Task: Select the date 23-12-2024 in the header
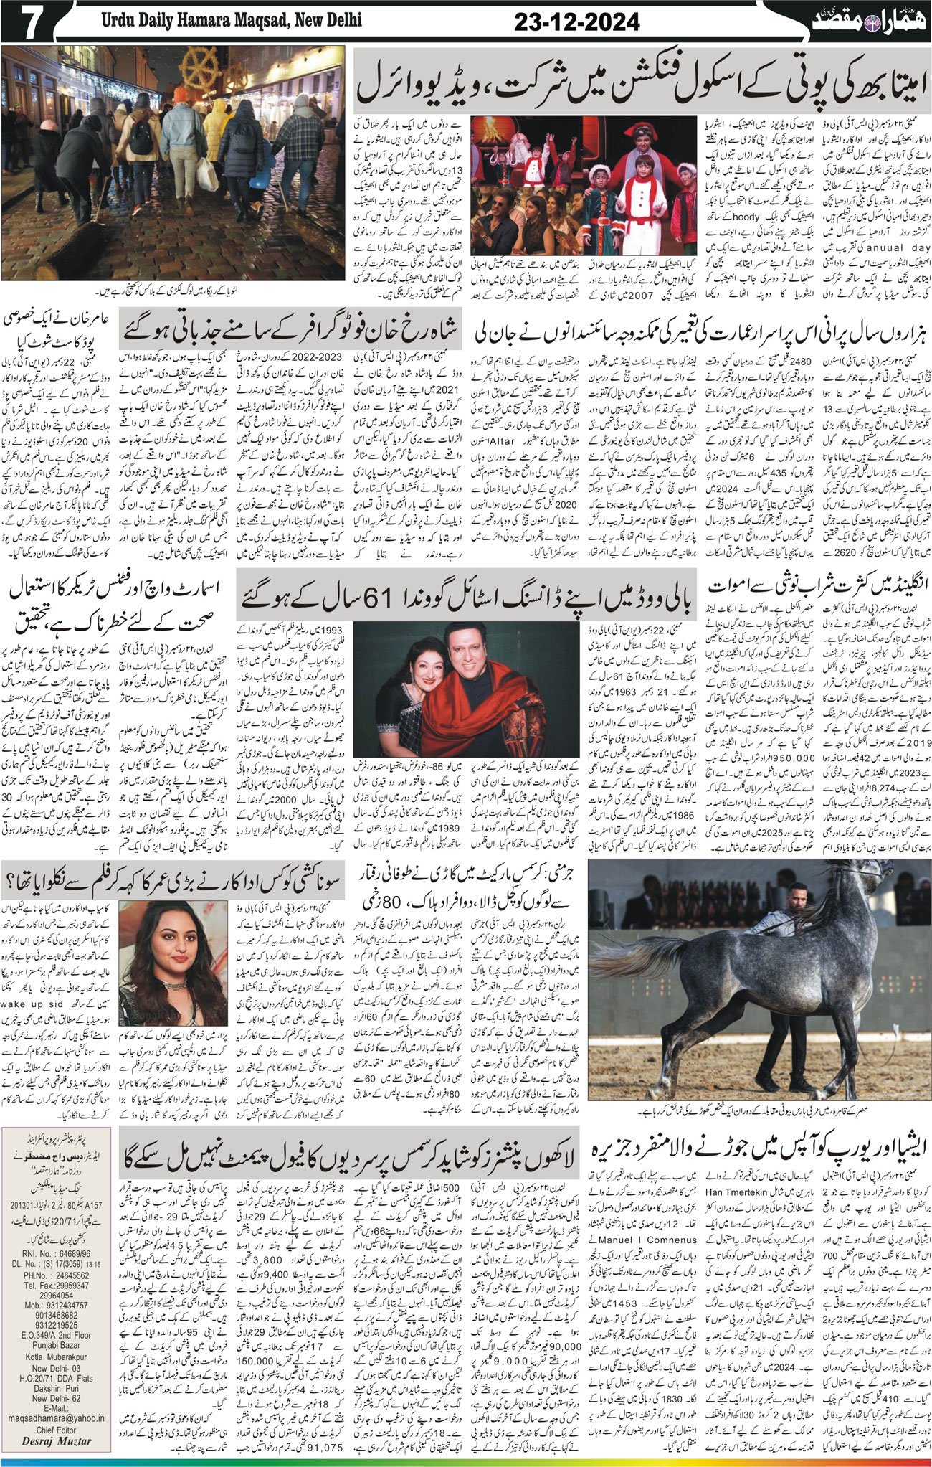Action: click(x=576, y=23)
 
